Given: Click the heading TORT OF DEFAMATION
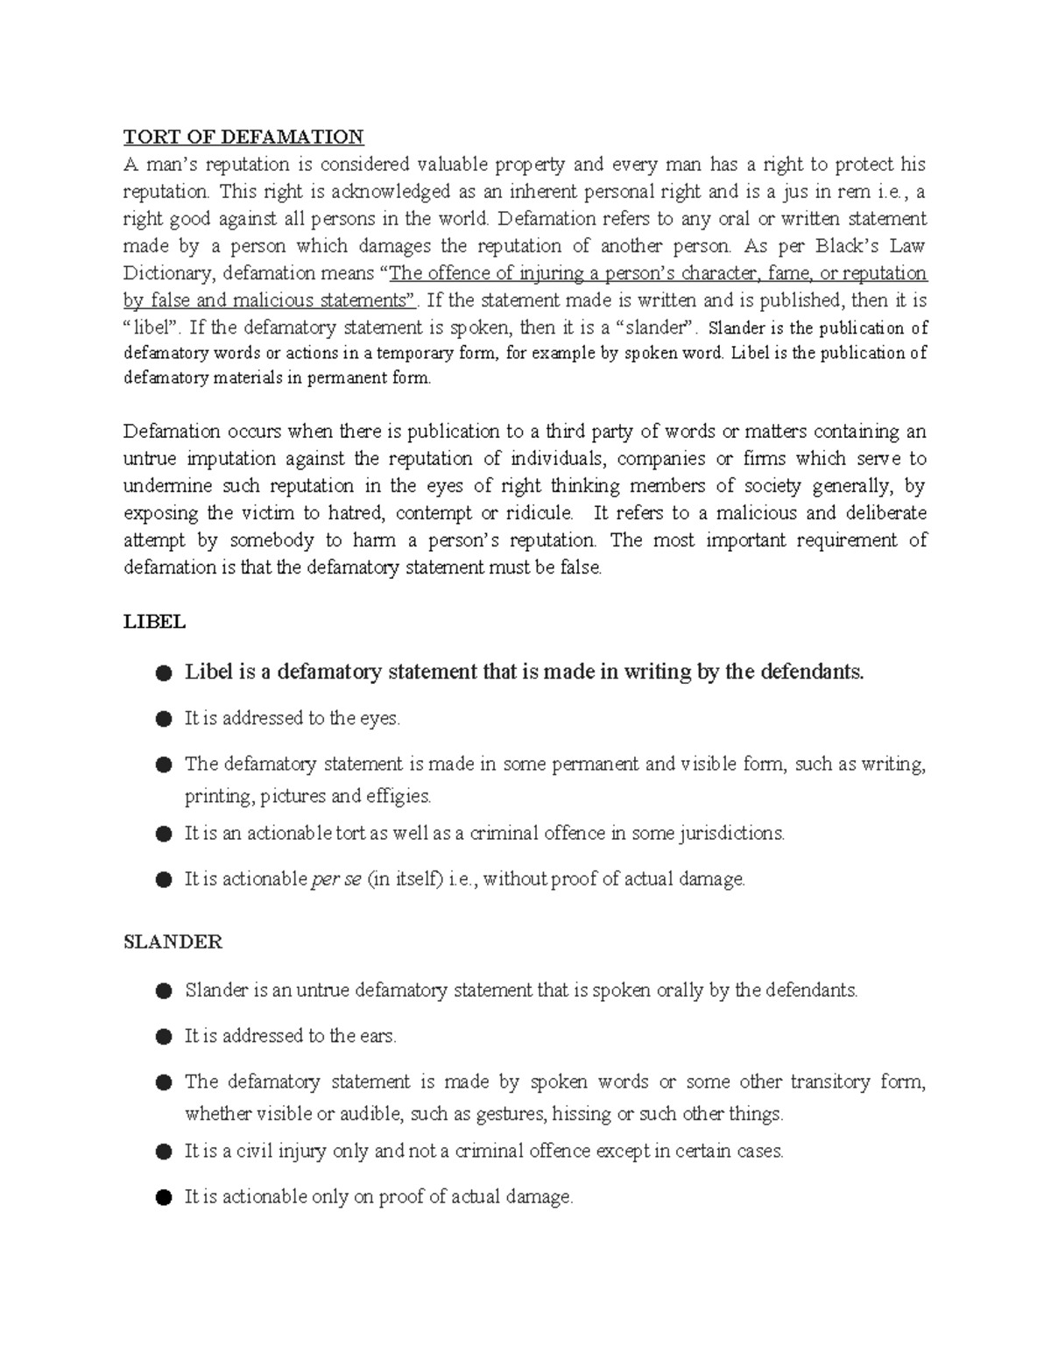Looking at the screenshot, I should (243, 137).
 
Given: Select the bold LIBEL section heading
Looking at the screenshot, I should (154, 622).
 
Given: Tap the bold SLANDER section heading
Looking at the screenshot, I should (173, 941).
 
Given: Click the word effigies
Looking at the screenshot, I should (396, 797).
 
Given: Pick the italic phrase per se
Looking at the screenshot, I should (336, 879).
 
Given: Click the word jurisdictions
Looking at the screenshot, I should (731, 834).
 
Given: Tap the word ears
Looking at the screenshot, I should (377, 1036).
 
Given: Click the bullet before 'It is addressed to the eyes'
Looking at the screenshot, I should (163, 719).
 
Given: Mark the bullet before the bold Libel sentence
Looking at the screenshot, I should (163, 673).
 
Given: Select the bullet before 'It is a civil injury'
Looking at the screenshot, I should (163, 1152).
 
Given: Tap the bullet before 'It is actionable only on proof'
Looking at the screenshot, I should (163, 1197).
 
